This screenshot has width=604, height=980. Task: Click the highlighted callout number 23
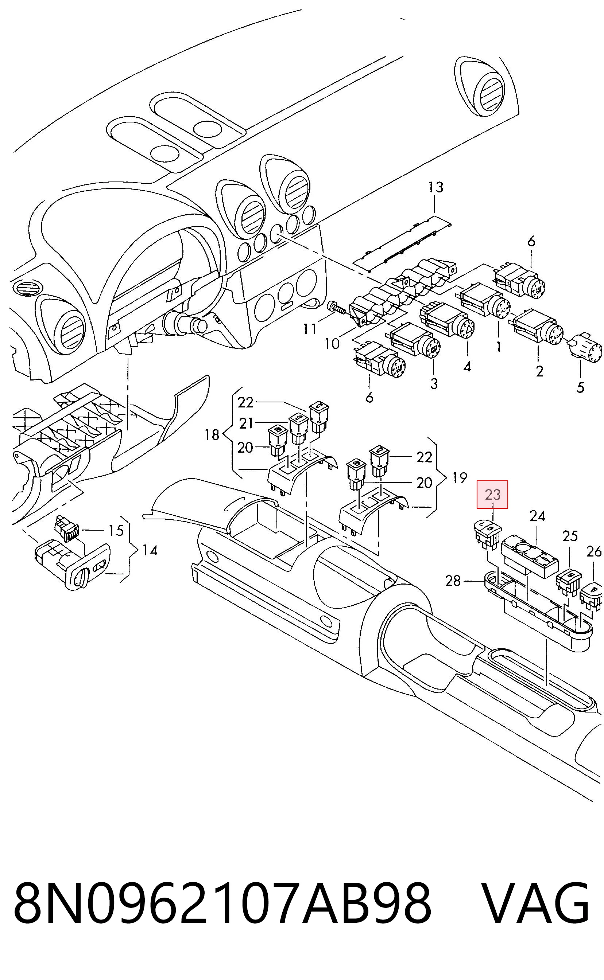coord(492,495)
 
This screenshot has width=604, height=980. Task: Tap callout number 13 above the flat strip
coord(436,187)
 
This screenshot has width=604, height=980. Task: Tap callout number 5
coord(580,387)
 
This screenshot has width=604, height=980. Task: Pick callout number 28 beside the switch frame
coord(453,581)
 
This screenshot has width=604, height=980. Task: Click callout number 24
coord(537,516)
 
